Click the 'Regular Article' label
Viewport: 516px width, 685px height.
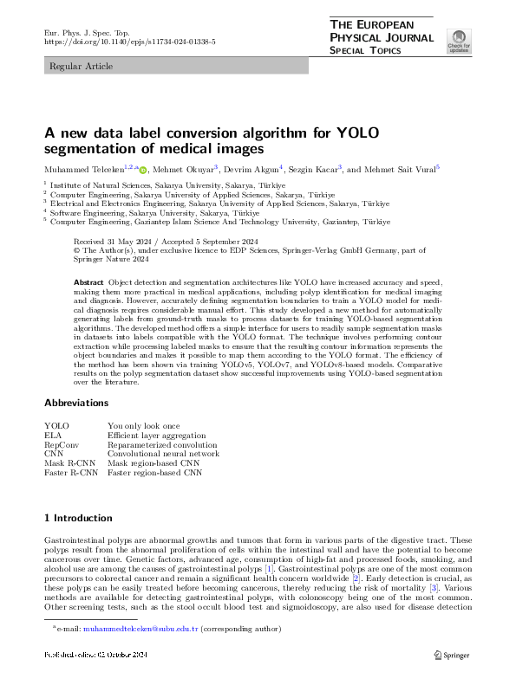[x=75, y=66]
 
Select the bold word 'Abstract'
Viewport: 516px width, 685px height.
[x=89, y=283]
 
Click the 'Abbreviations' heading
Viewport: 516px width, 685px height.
[x=77, y=403]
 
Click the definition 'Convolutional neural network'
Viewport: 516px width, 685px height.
[x=163, y=454]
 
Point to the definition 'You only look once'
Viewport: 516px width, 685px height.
[x=143, y=426]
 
